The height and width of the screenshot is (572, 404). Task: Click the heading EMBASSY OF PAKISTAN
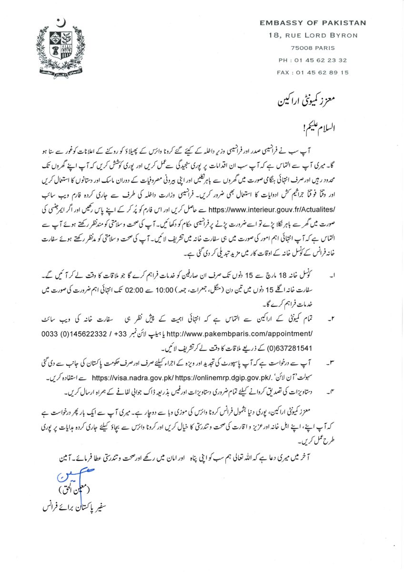[x=313, y=22]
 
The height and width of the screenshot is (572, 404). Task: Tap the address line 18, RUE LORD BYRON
[x=313, y=35]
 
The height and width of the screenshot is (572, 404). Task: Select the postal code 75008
[x=300, y=48]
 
